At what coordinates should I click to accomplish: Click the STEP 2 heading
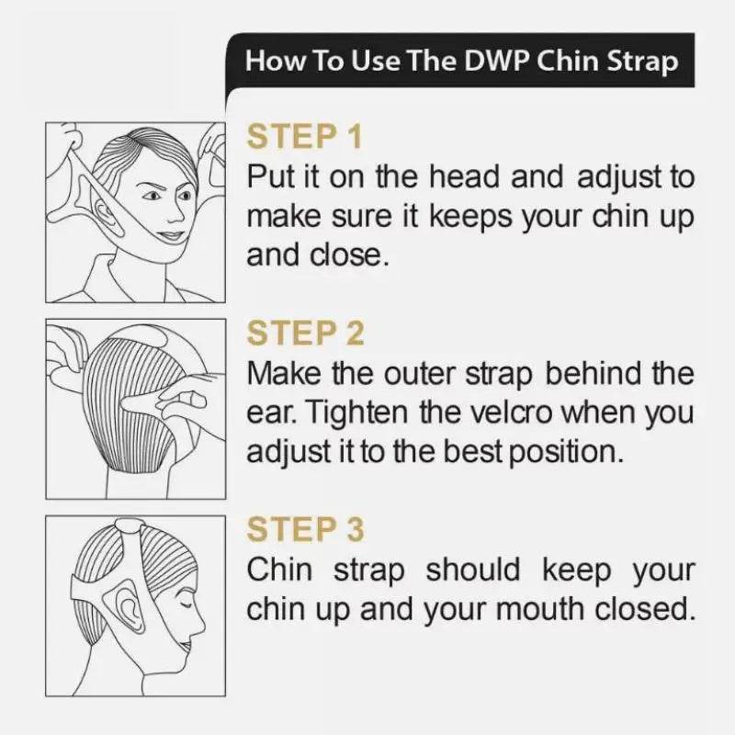pos(305,333)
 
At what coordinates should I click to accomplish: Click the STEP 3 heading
pos(305,529)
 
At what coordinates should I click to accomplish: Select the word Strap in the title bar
pos(642,62)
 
